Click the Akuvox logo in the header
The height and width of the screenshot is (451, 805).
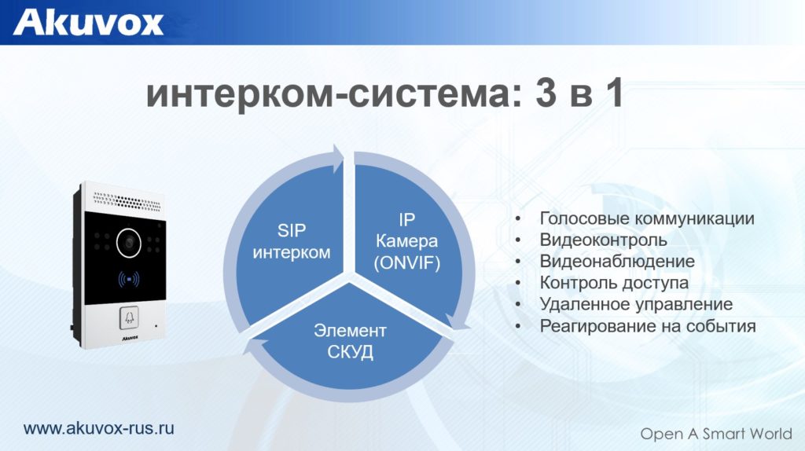pyautogui.click(x=88, y=22)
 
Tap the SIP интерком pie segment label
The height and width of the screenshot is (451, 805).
pyautogui.click(x=292, y=241)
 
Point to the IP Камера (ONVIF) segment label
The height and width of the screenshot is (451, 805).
pyautogui.click(x=407, y=241)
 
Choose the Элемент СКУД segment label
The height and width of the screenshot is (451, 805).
pyautogui.click(x=350, y=341)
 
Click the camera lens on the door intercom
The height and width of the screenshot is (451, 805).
pyautogui.click(x=129, y=243)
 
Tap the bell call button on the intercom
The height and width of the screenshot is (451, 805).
pyautogui.click(x=129, y=318)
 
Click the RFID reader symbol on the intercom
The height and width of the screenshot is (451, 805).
pyautogui.click(x=128, y=280)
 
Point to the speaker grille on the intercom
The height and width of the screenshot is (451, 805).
pyautogui.click(x=127, y=202)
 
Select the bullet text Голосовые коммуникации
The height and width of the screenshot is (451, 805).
pyautogui.click(x=647, y=218)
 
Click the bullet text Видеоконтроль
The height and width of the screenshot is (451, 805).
pyautogui.click(x=603, y=240)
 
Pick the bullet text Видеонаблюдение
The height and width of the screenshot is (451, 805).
pyautogui.click(x=617, y=261)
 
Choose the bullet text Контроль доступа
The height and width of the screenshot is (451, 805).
pyautogui.click(x=614, y=283)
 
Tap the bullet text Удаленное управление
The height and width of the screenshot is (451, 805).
pyautogui.click(x=636, y=304)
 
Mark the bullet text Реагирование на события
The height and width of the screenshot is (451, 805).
pyautogui.click(x=648, y=326)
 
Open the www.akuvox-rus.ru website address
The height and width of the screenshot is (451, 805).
pyautogui.click(x=98, y=428)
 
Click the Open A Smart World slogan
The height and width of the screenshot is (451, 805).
pyautogui.click(x=716, y=434)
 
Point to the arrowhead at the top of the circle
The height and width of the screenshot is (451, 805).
pyautogui.click(x=338, y=159)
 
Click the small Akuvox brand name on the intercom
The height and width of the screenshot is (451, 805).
pyautogui.click(x=130, y=338)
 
